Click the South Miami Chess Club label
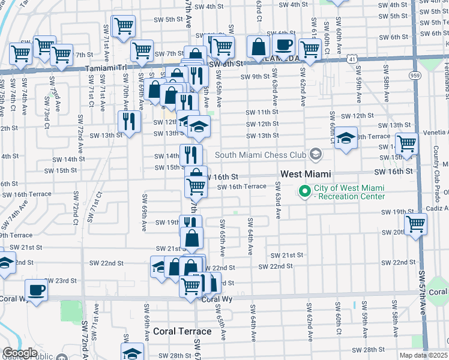tap(261, 155)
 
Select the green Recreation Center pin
tap(304, 192)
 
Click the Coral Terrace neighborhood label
tap(182, 331)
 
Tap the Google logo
tap(20, 353)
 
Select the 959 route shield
tap(415, 76)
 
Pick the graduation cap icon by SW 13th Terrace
tap(346, 138)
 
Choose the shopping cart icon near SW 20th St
tap(415, 225)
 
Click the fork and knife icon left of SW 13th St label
tap(129, 121)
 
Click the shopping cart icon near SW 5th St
tap(123, 26)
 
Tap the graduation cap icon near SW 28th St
tap(132, 353)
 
